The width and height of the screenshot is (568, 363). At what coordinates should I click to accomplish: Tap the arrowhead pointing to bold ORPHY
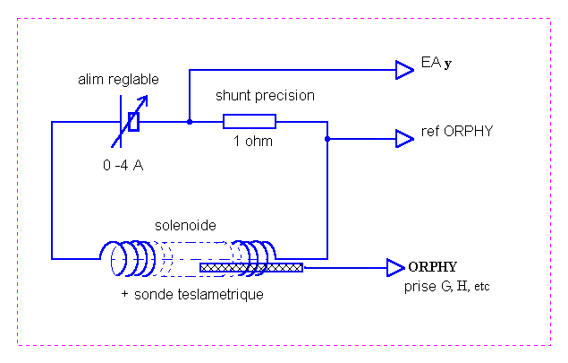pos(395,267)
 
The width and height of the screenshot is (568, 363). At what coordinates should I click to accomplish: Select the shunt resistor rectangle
pos(250,122)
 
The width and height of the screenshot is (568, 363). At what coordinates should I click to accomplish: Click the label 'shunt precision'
pos(265,95)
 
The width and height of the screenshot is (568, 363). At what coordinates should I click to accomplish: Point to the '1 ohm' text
pos(253,142)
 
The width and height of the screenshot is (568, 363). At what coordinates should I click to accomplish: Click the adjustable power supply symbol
pos(132,122)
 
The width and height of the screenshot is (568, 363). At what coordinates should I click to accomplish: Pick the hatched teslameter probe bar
pos(251,267)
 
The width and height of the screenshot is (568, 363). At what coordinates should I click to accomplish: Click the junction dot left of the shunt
pos(189,122)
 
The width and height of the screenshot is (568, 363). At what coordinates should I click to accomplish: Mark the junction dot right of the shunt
pos(327,138)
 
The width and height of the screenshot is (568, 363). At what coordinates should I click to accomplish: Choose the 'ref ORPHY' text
pos(457,132)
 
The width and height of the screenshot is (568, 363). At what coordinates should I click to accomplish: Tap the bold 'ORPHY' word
pos(433,267)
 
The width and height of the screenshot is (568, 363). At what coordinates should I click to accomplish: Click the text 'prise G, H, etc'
pos(442,286)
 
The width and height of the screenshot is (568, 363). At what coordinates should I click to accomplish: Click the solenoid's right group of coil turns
pos(255,258)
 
